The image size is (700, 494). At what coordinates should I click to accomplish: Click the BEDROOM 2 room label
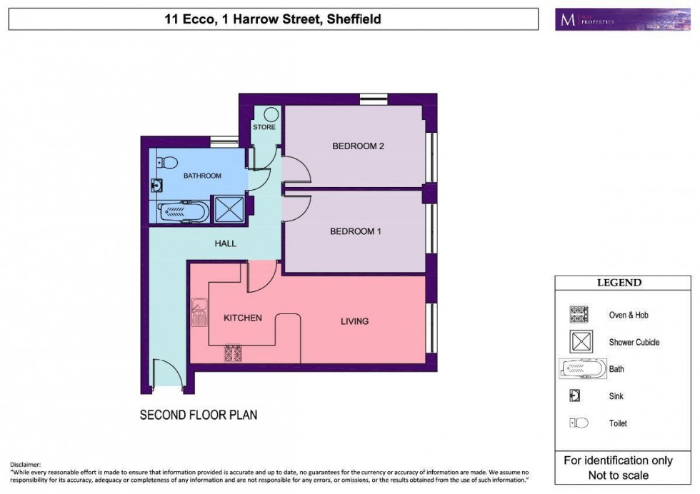coord(358,146)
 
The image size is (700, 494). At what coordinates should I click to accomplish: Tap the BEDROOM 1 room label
coord(355,231)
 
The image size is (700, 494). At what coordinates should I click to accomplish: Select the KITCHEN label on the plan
coord(243,318)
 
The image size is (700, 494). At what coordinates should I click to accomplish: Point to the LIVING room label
coord(354,321)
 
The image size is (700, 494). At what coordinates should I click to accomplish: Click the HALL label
coord(225,243)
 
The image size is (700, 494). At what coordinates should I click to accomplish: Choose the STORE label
coord(264,128)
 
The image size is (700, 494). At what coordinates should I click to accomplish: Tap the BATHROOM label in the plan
coord(202,176)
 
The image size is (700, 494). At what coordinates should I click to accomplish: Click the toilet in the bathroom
coord(163,161)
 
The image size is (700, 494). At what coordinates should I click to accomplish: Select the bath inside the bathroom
coord(183,211)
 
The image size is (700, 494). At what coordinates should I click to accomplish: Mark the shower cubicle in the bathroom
coord(229,210)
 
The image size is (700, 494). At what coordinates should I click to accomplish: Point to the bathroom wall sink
coord(156,186)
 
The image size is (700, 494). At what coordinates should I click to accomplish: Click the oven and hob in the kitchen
coord(233,353)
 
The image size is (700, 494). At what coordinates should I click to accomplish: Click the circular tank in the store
coord(271,115)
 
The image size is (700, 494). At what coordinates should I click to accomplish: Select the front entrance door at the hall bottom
coord(169,373)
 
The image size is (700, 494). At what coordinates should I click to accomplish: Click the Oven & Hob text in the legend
coord(628,315)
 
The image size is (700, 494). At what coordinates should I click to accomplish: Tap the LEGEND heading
coord(619,283)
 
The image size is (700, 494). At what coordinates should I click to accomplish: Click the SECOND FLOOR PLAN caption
coord(198,415)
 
